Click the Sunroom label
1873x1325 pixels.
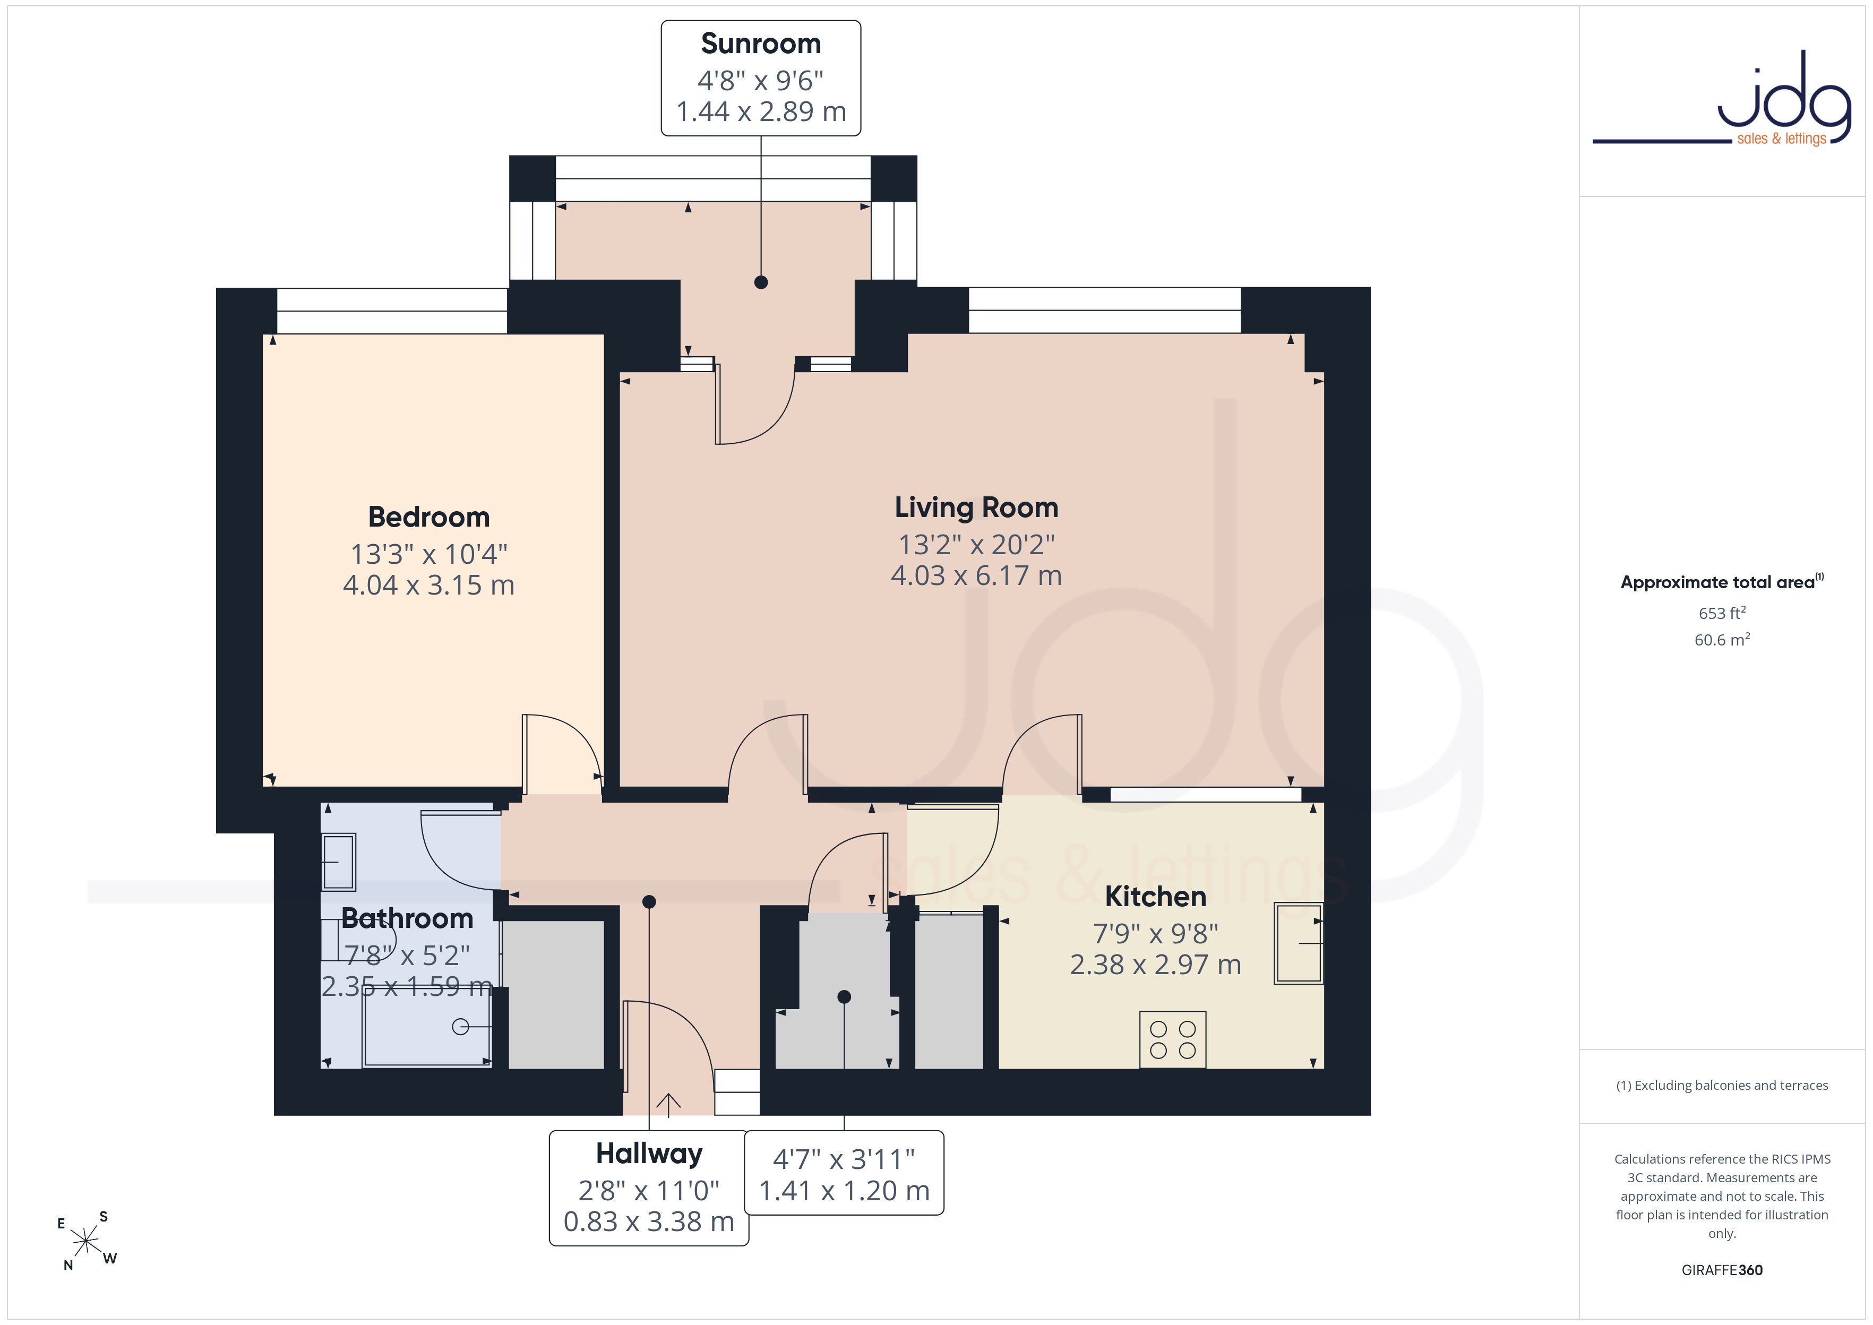(760, 43)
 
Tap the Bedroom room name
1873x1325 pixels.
(429, 517)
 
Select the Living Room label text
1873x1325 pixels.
(976, 507)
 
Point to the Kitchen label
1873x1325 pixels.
(1155, 896)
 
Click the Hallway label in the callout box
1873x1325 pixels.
(649, 1154)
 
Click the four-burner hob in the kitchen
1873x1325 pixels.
(1172, 1039)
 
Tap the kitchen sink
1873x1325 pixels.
(1299, 943)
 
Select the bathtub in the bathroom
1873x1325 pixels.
(427, 1026)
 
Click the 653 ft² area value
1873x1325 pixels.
(1722, 613)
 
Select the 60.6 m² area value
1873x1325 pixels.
(1722, 640)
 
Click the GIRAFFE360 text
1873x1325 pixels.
(1722, 1270)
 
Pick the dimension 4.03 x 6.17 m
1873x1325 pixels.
(976, 576)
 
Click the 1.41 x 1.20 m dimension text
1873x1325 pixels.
(844, 1191)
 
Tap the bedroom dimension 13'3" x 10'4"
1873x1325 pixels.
(429, 554)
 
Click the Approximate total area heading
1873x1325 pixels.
(1721, 582)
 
